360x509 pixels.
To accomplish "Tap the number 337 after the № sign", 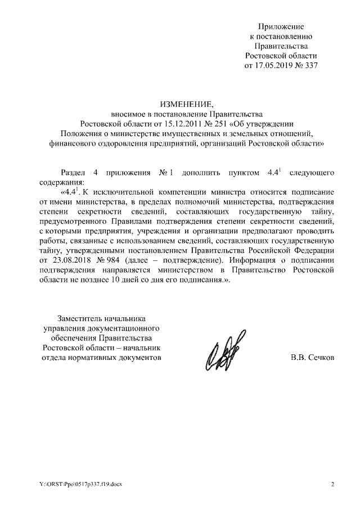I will tap(310, 65).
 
